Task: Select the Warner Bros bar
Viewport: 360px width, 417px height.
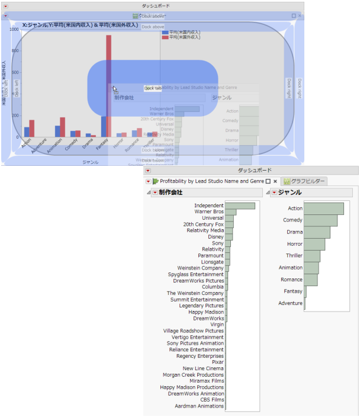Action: (230, 212)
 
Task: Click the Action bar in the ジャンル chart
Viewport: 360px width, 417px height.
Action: (323, 208)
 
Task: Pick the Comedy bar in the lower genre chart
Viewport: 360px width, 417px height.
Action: (320, 220)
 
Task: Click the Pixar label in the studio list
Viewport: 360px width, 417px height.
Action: (217, 362)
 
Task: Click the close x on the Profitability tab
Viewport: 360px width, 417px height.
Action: (275, 181)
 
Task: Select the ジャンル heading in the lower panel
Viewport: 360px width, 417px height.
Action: (290, 193)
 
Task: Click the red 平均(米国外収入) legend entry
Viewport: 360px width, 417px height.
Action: (184, 37)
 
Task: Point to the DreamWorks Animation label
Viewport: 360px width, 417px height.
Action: (195, 393)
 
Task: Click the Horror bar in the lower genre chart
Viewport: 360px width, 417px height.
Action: (314, 244)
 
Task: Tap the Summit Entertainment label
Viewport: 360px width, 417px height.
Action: (197, 299)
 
